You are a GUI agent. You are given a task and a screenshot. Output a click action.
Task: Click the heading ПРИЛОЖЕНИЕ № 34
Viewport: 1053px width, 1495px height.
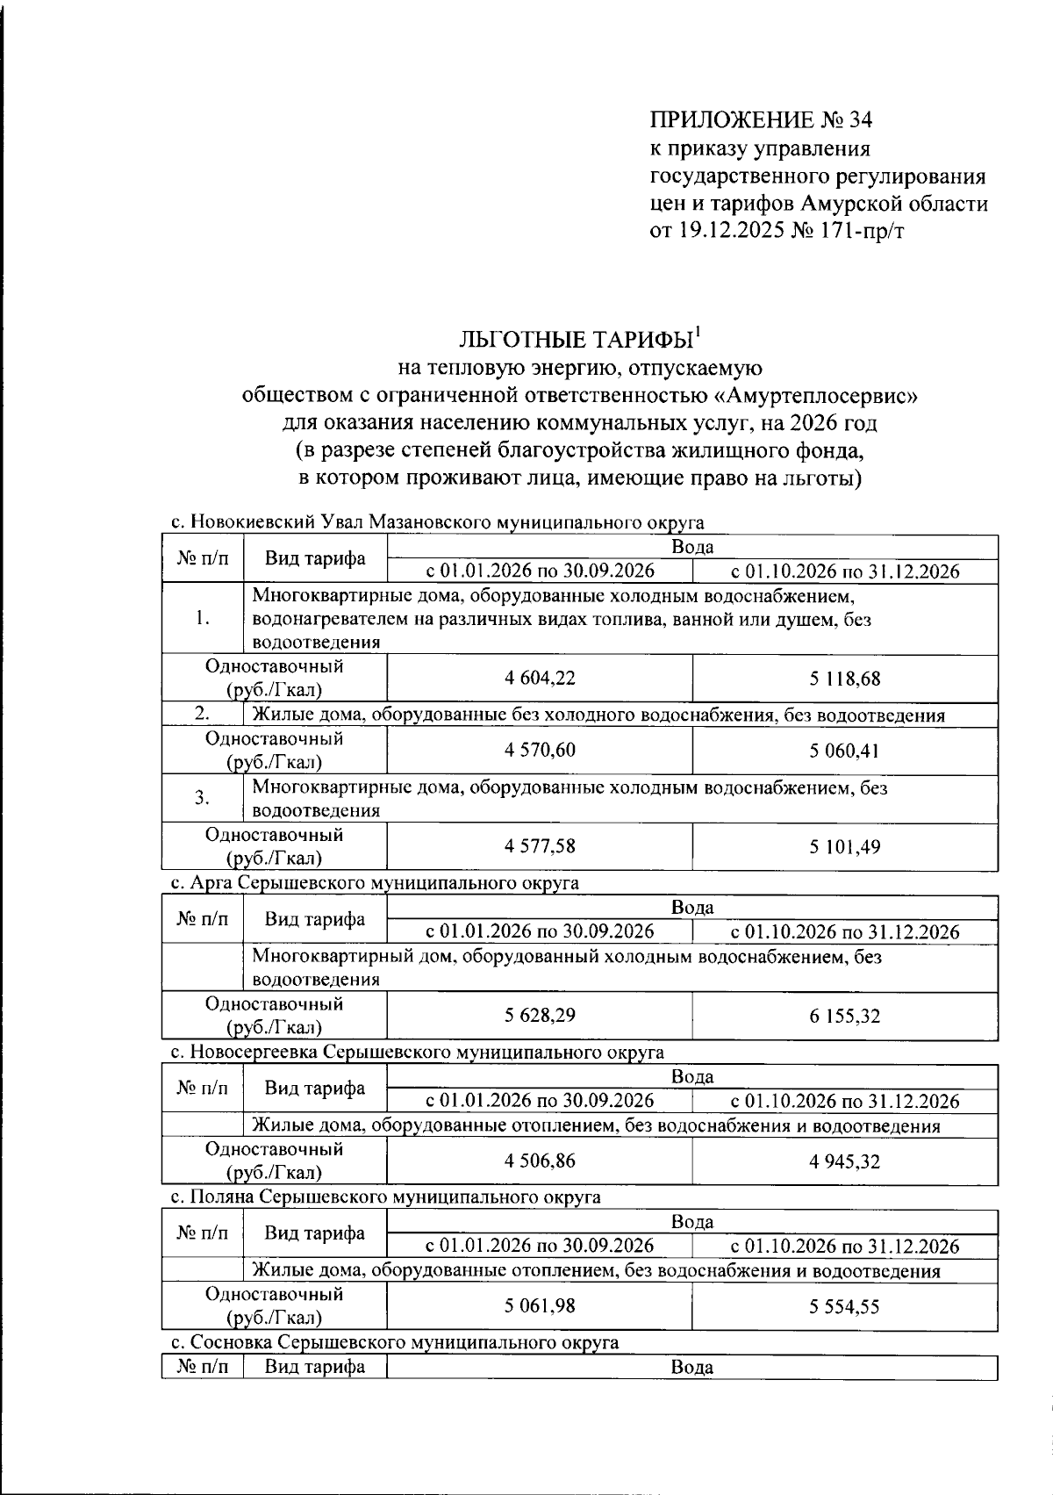tap(761, 119)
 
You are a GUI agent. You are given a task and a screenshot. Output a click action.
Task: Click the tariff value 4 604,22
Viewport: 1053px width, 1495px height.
tap(540, 678)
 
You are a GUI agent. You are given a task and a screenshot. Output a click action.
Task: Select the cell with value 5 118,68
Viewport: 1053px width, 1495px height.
tap(844, 679)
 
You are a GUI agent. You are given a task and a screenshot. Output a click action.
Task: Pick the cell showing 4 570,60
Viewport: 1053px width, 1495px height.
tap(540, 750)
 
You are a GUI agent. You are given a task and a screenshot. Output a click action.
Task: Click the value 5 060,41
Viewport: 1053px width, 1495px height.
tap(844, 751)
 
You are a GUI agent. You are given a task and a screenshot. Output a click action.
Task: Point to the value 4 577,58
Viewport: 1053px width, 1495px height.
tap(540, 846)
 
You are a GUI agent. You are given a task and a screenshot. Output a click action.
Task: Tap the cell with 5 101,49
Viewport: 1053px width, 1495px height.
tap(844, 847)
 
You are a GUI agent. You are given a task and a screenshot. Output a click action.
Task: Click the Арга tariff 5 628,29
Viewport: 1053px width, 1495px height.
tap(540, 1015)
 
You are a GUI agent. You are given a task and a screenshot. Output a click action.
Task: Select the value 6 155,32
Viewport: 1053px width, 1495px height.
tap(844, 1016)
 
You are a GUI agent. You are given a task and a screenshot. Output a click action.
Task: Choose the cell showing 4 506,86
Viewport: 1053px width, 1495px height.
tap(540, 1161)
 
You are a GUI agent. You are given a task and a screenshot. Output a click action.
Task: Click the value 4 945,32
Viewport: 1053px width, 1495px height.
tap(844, 1161)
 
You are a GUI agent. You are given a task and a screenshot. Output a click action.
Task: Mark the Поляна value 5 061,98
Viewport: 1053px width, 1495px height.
tap(540, 1305)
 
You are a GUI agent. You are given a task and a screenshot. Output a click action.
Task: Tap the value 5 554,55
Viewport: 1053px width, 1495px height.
tap(844, 1306)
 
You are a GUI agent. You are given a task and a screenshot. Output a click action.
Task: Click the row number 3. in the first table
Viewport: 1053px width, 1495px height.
tap(202, 798)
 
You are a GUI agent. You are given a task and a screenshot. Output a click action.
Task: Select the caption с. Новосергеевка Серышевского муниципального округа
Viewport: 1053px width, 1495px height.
tap(417, 1052)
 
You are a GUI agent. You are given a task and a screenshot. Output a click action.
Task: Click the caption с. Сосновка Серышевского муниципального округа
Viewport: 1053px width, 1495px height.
tap(394, 1342)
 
